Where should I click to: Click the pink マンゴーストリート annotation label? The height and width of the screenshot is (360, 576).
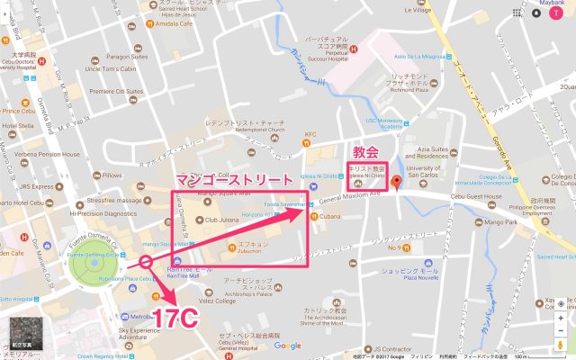click(237, 180)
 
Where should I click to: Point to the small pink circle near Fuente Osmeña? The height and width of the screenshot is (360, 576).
click(145, 264)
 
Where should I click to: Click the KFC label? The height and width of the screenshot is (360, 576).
click(312, 135)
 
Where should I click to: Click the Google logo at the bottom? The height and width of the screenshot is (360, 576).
click(287, 346)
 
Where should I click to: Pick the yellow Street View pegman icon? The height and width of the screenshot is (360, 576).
click(562, 346)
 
